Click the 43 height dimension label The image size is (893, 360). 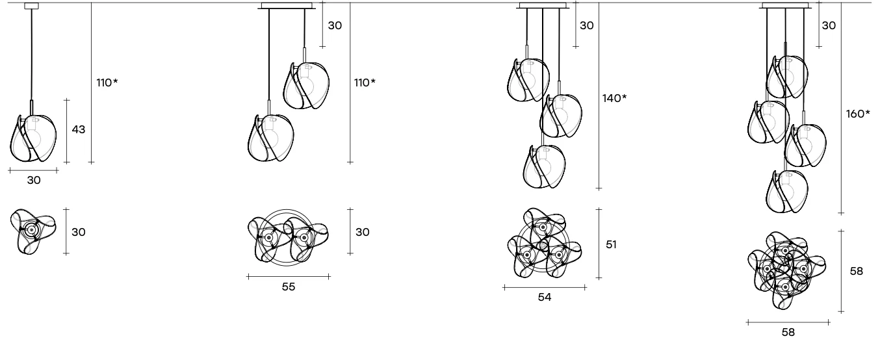[x=79, y=129]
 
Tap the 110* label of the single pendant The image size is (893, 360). [x=107, y=83]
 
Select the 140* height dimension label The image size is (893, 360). [x=614, y=98]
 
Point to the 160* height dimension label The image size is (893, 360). [x=858, y=114]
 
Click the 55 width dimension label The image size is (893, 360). [x=289, y=287]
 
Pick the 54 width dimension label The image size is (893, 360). [x=545, y=297]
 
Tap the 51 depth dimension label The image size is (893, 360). [x=611, y=244]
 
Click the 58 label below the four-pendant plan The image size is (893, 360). [x=788, y=332]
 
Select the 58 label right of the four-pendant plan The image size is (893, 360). [x=857, y=271]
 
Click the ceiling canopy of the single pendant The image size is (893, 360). [x=31, y=6]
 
